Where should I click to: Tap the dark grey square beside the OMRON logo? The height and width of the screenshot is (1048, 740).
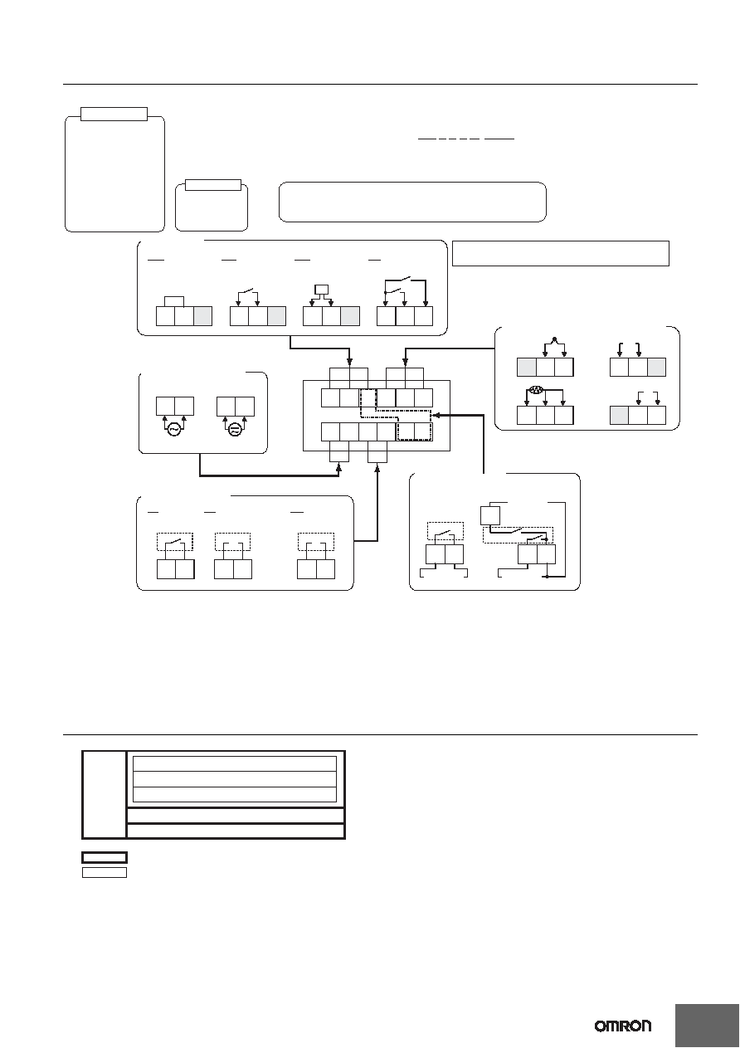[x=707, y=1026]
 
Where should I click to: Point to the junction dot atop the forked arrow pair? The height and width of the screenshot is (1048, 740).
[x=554, y=339]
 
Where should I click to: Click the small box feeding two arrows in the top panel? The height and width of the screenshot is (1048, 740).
[x=321, y=289]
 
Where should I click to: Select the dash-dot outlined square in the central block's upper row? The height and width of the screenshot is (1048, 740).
[x=368, y=398]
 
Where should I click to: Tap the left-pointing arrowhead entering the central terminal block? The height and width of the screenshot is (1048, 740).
[x=433, y=415]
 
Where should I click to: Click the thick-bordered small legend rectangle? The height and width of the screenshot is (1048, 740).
[x=105, y=857]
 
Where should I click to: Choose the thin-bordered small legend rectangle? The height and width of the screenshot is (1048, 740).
[x=105, y=873]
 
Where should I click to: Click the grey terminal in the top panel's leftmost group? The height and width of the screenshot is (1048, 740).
[x=202, y=316]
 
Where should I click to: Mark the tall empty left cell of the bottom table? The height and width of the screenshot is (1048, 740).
[x=104, y=795]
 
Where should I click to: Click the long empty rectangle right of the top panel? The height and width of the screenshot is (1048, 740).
[x=560, y=254]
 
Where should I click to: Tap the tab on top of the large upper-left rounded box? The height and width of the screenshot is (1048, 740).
[x=114, y=114]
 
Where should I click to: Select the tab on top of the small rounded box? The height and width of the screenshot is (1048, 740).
[x=213, y=185]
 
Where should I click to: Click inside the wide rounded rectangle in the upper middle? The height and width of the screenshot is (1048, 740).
[x=412, y=202]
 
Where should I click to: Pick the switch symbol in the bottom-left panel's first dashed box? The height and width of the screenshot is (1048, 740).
[x=175, y=542]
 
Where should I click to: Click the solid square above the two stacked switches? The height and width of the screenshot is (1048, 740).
[x=490, y=515]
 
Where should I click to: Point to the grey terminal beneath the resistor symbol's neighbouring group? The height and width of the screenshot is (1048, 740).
[x=620, y=416]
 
